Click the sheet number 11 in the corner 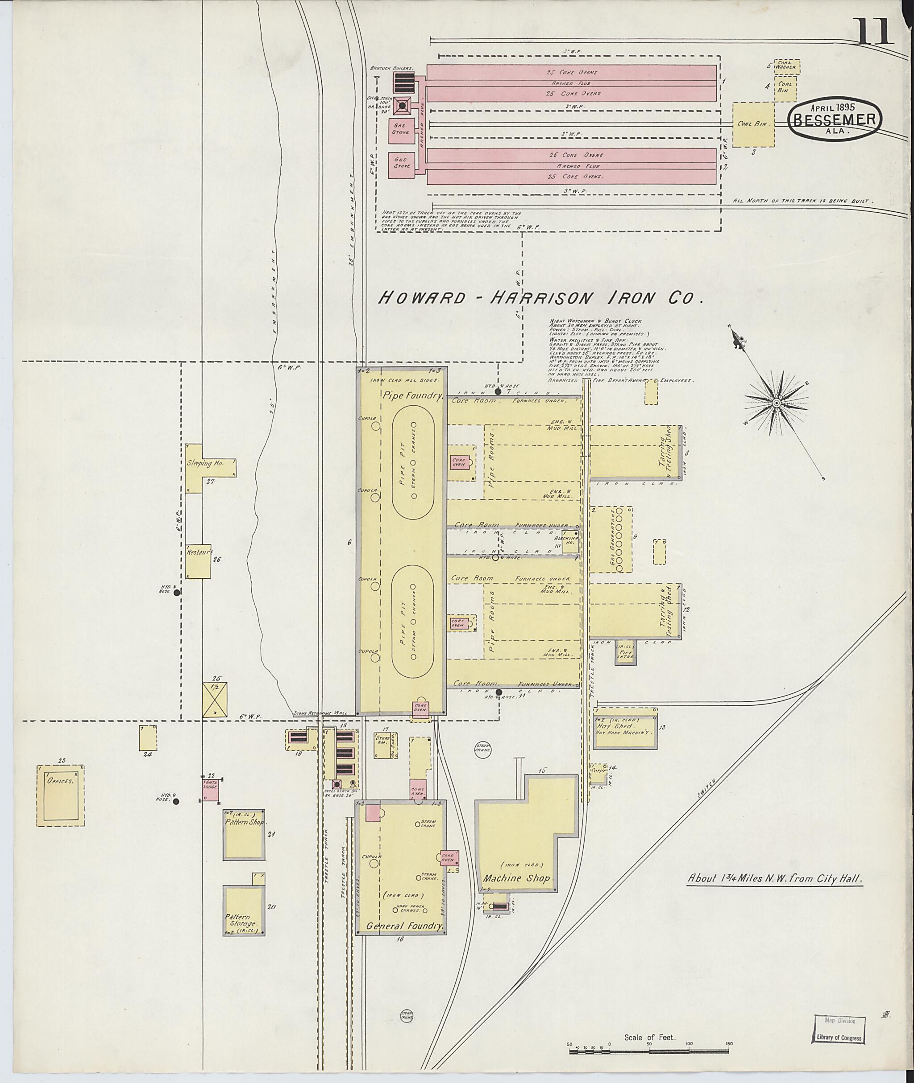pos(875,32)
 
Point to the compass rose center pos(777,403)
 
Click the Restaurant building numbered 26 pos(199,562)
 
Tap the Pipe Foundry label pos(413,396)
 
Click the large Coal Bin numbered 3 pos(753,124)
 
